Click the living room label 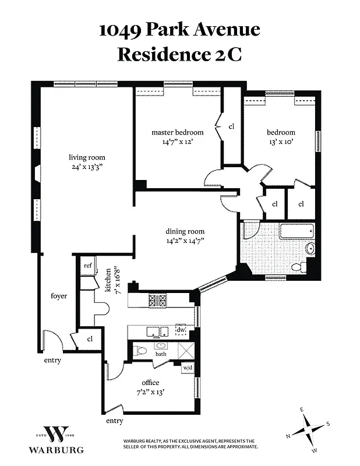(86, 157)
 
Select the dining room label (184, 231)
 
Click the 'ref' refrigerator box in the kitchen (88, 266)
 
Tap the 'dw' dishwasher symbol (181, 330)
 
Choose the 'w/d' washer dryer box (188, 368)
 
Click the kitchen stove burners (159, 301)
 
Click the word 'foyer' (59, 296)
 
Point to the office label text (150, 383)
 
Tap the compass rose (308, 431)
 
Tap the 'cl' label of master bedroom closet (231, 126)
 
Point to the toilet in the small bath (140, 352)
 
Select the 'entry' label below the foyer (52, 360)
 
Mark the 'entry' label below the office (114, 421)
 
